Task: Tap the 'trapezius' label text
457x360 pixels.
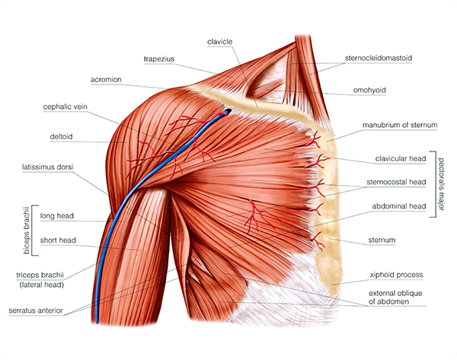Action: tap(160, 58)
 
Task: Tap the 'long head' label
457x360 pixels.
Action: tap(57, 215)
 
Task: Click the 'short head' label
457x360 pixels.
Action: tap(57, 241)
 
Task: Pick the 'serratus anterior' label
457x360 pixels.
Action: tap(41, 311)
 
